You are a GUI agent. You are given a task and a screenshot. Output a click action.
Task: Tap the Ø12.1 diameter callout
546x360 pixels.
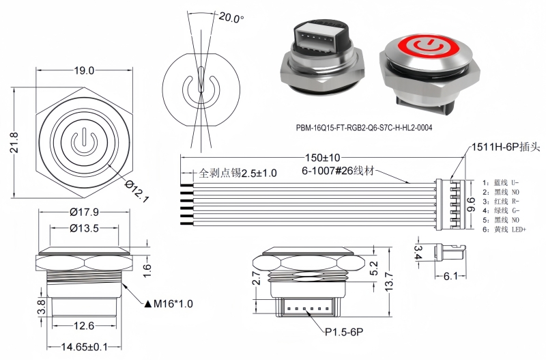tap(136, 191)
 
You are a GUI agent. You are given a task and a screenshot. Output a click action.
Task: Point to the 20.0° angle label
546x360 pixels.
tap(230, 18)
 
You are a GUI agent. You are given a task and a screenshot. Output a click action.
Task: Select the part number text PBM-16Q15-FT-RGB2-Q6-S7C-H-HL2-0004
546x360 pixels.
tap(364, 127)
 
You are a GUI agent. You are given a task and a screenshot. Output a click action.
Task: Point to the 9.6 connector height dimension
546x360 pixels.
tap(471, 203)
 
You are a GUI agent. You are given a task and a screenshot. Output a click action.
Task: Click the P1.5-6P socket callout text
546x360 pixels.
tap(344, 331)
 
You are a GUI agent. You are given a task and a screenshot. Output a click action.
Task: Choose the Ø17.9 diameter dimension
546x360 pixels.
tap(85, 212)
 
